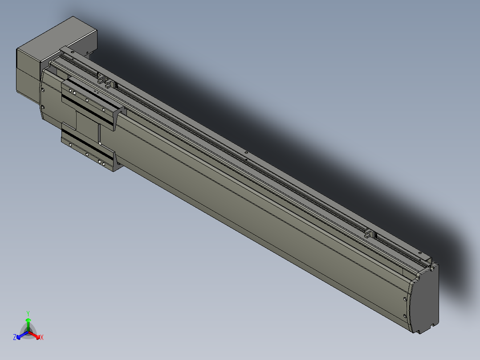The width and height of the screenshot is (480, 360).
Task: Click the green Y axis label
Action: coord(28,314)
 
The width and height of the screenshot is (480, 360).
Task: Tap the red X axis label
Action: coord(42,337)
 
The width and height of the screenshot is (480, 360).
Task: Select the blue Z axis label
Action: coord(15,337)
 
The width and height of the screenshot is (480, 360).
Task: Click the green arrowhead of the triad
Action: coord(28,320)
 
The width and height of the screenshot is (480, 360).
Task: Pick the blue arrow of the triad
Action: coord(22,335)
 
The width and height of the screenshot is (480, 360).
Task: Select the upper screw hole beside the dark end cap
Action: coord(405,299)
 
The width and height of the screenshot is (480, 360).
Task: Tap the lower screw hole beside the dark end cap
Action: coord(405,316)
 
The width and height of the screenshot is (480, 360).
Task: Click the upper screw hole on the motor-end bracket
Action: coord(43,90)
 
